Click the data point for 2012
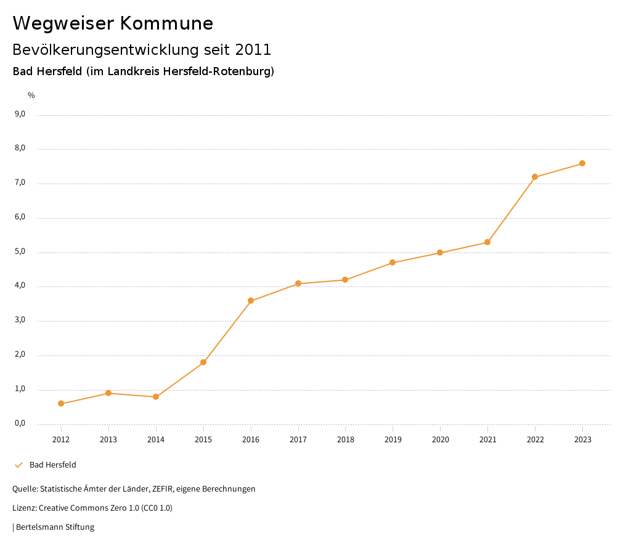click(x=61, y=403)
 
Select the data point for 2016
click(x=251, y=301)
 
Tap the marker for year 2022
click(x=535, y=177)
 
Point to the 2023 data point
click(x=582, y=163)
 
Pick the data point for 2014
click(x=156, y=397)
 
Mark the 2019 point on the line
click(x=393, y=262)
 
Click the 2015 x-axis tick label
click(x=203, y=439)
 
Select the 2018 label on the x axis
click(x=345, y=439)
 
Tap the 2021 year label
click(x=487, y=439)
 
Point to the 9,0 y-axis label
click(x=20, y=114)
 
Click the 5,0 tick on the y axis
click(x=20, y=251)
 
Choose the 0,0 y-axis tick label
click(x=20, y=423)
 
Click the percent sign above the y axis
click(x=31, y=95)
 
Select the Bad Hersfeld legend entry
click(x=52, y=464)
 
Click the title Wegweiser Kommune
click(x=113, y=23)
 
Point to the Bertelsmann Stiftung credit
click(x=55, y=527)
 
